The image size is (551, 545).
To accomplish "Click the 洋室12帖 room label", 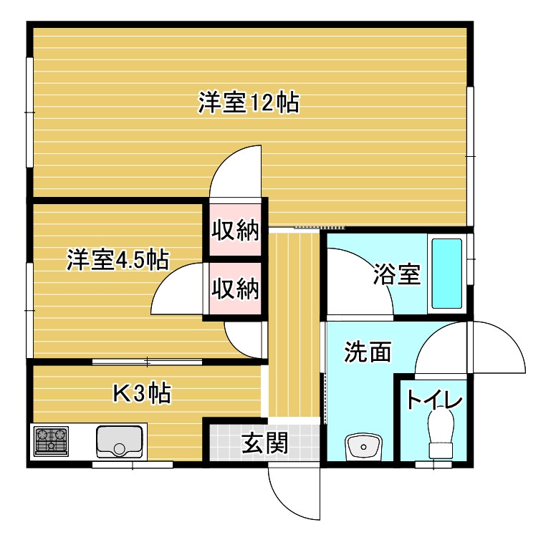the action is click(249, 102).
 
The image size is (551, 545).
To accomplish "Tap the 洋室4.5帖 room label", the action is click(118, 260).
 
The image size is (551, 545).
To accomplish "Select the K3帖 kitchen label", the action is click(142, 393).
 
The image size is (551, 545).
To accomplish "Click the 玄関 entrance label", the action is click(265, 443).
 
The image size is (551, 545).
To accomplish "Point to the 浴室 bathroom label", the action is click(397, 274).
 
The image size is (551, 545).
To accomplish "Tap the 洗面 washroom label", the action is click(368, 352).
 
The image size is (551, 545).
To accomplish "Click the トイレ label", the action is click(434, 400).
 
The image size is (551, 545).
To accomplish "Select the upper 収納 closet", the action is click(235, 230).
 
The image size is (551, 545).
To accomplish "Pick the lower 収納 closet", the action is click(235, 289).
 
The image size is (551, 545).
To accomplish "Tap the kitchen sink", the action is click(120, 442).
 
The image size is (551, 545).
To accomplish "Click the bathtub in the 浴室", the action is click(446, 274).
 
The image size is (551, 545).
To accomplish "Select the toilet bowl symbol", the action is click(441, 434).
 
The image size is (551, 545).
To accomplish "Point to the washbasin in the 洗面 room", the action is click(363, 447).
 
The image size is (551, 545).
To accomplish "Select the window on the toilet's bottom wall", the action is click(433, 465).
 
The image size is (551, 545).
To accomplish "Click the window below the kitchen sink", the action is click(133, 465).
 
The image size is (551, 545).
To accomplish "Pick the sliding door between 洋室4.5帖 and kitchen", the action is click(147, 362).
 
